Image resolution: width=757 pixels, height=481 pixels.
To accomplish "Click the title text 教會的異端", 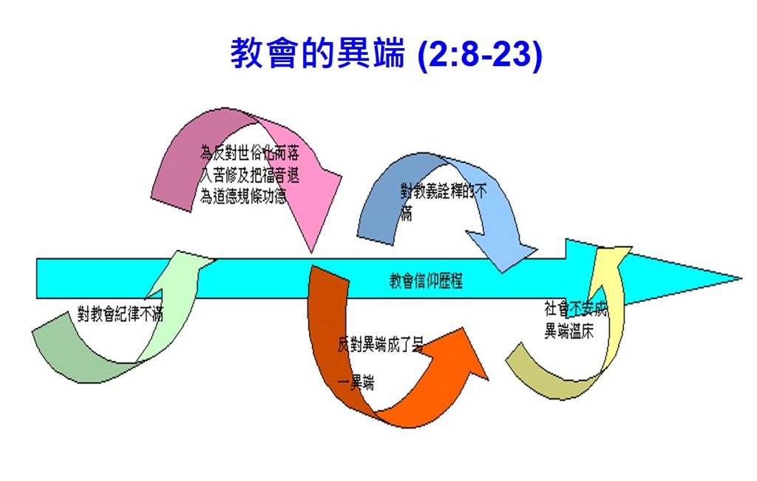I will coord(318,55).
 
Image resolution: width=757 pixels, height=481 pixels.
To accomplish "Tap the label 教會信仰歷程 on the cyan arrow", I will coord(426,281).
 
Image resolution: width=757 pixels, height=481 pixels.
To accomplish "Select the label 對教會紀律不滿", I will coord(120,314).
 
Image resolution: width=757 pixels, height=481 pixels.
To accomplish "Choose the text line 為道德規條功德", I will coord(243,196).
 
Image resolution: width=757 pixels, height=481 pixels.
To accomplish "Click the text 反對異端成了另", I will coord(380,344).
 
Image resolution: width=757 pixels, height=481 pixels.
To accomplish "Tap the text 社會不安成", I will coord(575,309).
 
